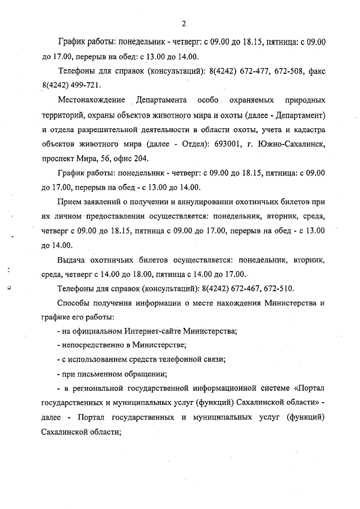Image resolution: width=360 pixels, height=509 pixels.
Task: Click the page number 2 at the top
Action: tap(184, 24)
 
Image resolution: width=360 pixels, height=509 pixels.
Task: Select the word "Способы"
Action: tap(75, 303)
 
